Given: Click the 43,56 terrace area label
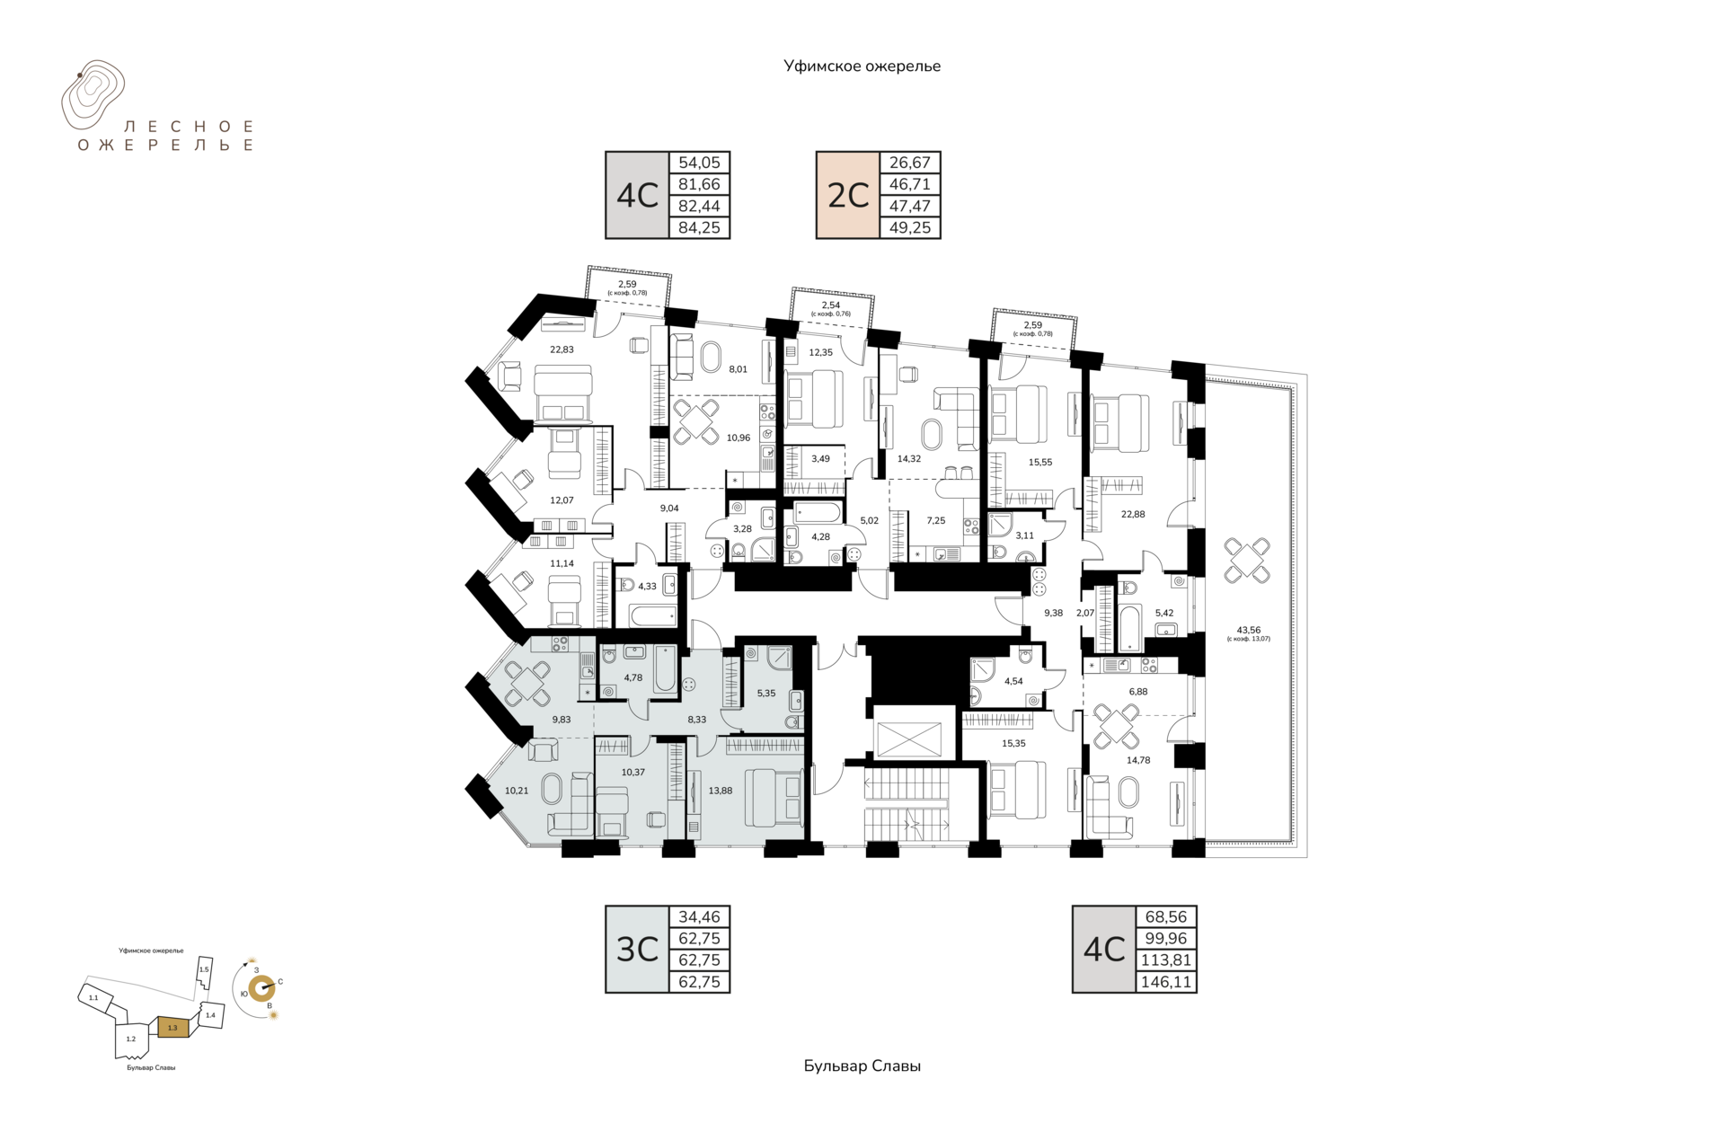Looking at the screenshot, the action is pos(1248,630).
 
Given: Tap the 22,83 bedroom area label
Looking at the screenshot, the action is pos(562,349).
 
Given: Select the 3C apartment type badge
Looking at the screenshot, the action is pos(638,949).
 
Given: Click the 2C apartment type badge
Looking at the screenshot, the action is pos(848,195).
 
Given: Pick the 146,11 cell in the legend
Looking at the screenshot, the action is pos(1166,982).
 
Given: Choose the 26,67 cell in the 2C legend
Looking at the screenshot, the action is pos(910,163).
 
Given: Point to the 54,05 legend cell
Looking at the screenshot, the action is pos(700,163).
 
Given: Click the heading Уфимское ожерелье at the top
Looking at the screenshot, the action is pos(862,66).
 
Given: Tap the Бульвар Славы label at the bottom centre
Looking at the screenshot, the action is pos(862,1066).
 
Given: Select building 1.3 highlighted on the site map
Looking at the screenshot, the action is pos(173,1027).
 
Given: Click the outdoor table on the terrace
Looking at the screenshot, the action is pos(1247,561).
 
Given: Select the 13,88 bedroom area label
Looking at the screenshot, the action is pos(720,791).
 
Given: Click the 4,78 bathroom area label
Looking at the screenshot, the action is pos(633,677).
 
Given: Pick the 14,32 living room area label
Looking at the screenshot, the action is pos(909,458).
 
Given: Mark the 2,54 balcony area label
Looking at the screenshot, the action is pos(831,305).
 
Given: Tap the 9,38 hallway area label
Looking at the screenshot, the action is pos(1053,613).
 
